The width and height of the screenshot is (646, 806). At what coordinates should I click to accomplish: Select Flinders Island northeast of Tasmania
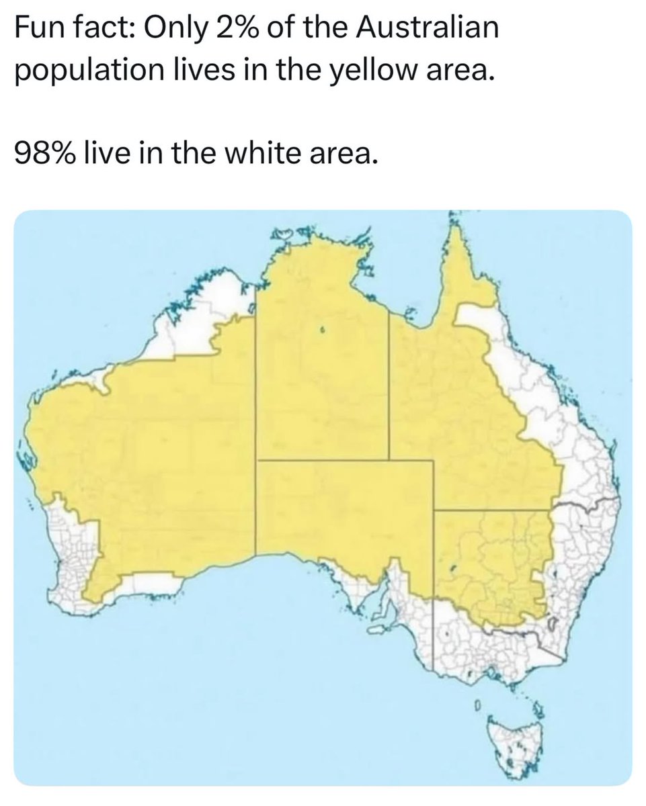click(538, 709)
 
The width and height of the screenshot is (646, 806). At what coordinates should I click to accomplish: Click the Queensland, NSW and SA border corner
click(434, 510)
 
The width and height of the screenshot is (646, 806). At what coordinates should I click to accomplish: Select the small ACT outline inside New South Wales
click(553, 625)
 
